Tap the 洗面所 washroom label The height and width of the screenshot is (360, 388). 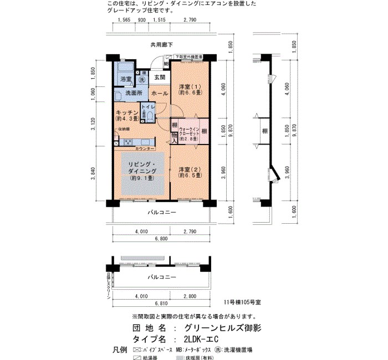(x=133, y=93)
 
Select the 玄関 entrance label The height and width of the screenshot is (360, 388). (x=160, y=78)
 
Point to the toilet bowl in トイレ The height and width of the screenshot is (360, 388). (x=145, y=115)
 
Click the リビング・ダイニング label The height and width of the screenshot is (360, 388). (x=142, y=172)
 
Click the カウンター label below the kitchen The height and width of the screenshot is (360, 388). (x=145, y=149)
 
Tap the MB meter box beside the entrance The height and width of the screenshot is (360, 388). (x=166, y=63)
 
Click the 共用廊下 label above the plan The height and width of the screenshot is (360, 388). (x=161, y=44)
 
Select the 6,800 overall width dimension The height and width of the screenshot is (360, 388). (x=161, y=239)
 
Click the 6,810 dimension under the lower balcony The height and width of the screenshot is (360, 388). (x=161, y=304)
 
